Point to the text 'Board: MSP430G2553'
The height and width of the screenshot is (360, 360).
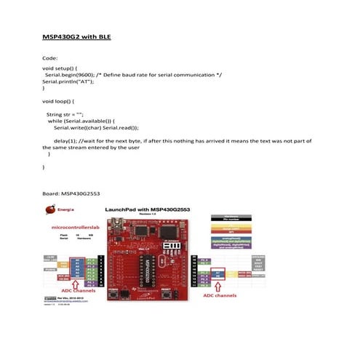coord(71,194)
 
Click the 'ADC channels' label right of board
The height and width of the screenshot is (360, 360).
coord(219,296)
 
